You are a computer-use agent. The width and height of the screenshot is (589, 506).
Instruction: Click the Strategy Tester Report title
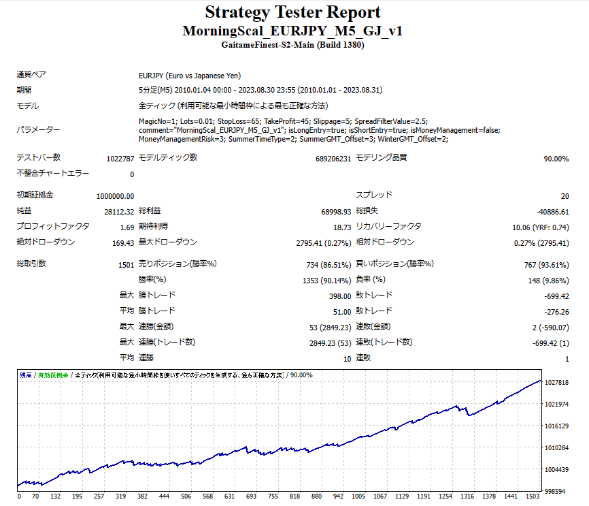(292, 12)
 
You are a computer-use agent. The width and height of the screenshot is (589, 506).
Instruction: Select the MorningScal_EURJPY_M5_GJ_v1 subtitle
(292, 31)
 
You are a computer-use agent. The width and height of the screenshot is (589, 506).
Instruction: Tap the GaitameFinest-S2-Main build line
(292, 46)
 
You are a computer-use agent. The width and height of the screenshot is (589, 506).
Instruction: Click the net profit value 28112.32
(119, 212)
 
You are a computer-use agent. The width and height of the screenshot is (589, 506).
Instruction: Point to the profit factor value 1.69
(127, 227)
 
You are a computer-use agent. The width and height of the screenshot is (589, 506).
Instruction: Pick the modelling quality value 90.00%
(556, 159)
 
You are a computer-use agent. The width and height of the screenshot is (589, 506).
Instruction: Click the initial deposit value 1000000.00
(115, 196)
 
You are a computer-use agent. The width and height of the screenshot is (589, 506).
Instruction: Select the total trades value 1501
(126, 264)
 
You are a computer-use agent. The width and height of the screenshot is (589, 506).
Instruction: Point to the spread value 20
(565, 196)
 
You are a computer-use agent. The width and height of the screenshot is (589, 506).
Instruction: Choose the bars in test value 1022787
(120, 159)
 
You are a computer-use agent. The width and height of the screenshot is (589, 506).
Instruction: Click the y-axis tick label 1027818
(558, 383)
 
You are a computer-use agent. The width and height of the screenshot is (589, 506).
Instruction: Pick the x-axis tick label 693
(251, 496)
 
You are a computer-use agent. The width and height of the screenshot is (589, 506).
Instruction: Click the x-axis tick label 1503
(533, 496)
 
